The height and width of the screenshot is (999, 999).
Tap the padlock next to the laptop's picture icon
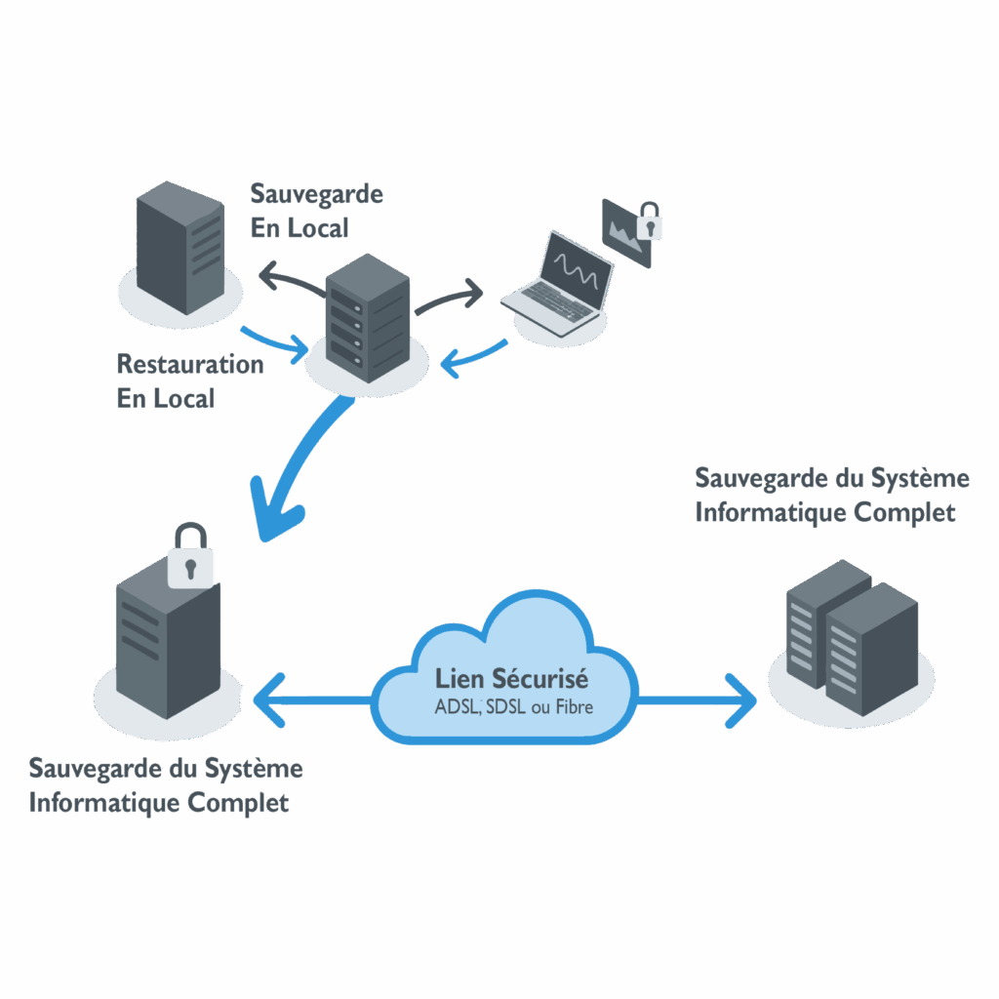(x=648, y=222)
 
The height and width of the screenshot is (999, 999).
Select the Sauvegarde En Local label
(x=315, y=210)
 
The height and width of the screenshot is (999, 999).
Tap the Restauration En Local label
(x=189, y=380)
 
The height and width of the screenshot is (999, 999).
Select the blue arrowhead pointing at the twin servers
(x=743, y=700)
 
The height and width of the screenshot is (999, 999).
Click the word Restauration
(x=189, y=364)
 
